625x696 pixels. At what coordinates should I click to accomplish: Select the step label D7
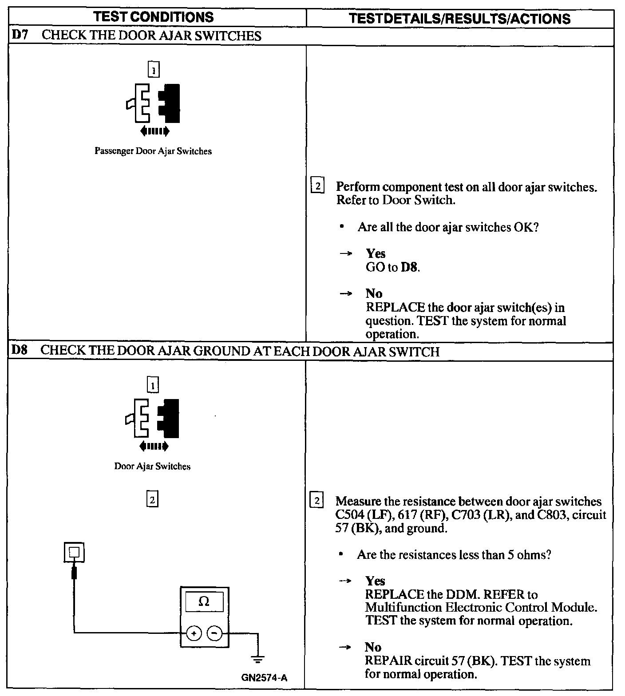[x=20, y=36]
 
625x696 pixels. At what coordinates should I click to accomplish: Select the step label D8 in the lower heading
[x=19, y=350]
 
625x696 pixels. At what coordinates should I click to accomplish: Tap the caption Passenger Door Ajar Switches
[x=153, y=151]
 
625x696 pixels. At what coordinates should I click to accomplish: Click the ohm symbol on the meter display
[x=204, y=601]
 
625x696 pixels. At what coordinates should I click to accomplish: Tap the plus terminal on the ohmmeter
[x=194, y=633]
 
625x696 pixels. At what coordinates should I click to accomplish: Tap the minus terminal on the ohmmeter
[x=215, y=633]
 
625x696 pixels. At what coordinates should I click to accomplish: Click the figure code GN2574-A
[x=265, y=678]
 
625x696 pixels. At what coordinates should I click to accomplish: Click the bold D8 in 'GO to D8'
[x=409, y=267]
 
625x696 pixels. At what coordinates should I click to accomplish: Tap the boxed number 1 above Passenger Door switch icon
[x=153, y=70]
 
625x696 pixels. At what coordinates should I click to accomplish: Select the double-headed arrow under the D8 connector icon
[x=154, y=445]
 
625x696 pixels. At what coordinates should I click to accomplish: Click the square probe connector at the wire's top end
[x=75, y=553]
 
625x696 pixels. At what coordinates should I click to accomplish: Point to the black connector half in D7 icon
[x=171, y=103]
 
